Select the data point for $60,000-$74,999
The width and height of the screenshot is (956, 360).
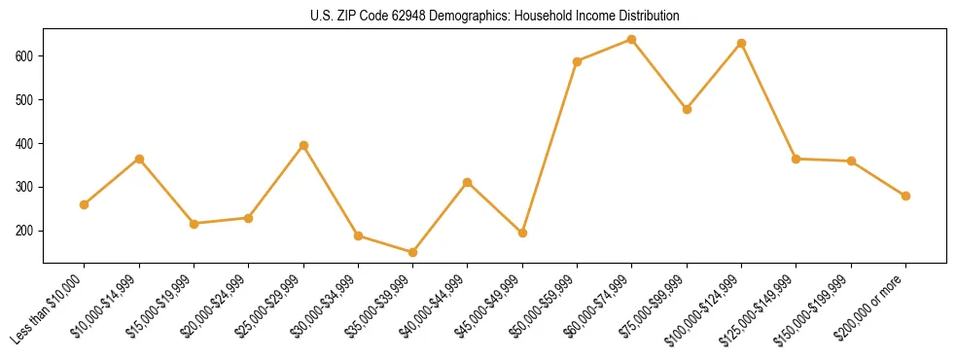tap(632, 40)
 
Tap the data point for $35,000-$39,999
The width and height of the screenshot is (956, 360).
tap(413, 253)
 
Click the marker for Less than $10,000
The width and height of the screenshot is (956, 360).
tap(85, 204)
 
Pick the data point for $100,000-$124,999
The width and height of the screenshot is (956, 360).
tap(742, 44)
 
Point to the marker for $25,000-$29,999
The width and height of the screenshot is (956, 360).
tap(303, 146)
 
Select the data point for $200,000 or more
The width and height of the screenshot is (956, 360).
tap(905, 196)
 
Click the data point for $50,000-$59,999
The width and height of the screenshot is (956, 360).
tap(578, 61)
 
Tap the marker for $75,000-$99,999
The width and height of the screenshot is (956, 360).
tap(687, 109)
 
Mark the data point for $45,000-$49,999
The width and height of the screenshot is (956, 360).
tap(522, 234)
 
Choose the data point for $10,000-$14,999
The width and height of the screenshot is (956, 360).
tap(139, 159)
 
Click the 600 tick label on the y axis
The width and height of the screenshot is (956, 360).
tap(26, 56)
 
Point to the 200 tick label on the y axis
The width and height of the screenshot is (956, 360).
tap(26, 232)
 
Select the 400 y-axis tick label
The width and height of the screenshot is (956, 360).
tap(26, 144)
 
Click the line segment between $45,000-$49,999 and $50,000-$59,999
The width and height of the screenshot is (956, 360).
tap(550, 147)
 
